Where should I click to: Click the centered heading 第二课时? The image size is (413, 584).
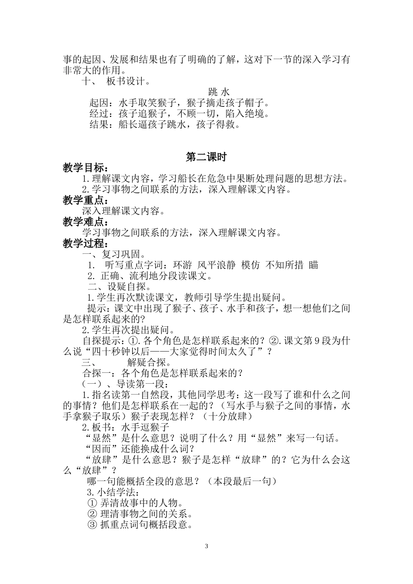[x=206, y=157]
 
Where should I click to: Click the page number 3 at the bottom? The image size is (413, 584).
[x=206, y=546]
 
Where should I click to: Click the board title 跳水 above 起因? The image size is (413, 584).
[x=218, y=92]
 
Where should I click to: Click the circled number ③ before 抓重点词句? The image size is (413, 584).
[x=92, y=525]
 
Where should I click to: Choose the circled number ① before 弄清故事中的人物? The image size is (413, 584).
[x=92, y=503]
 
